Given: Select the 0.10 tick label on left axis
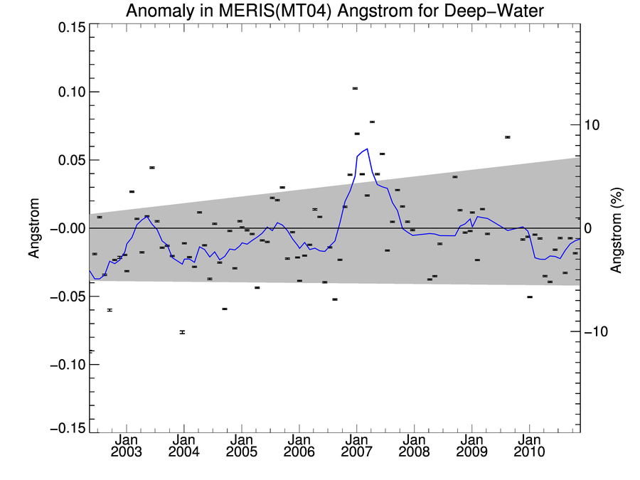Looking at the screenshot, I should pyautogui.click(x=68, y=92).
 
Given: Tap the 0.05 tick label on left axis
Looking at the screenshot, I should pyautogui.click(x=68, y=160).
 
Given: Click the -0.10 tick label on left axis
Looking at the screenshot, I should pyautogui.click(x=66, y=365).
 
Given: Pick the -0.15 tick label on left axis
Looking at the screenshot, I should pyautogui.click(x=66, y=429).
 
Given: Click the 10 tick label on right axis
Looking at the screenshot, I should pyautogui.click(x=594, y=124).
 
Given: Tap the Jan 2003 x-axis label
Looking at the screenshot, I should pyautogui.click(x=126, y=446).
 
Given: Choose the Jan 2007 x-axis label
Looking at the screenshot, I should pyautogui.click(x=356, y=446).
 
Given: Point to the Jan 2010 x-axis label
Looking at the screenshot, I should pyautogui.click(x=529, y=446).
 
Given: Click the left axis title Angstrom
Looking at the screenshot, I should pyautogui.click(x=33, y=228).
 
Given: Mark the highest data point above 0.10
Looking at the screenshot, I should pyautogui.click(x=355, y=88).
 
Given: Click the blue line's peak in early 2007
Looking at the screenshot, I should pyautogui.click(x=367, y=149).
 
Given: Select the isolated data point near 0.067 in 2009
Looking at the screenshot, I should pyautogui.click(x=508, y=137).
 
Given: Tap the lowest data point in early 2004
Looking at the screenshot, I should pyautogui.click(x=182, y=332).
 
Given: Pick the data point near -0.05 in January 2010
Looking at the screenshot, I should pyautogui.click(x=530, y=297).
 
